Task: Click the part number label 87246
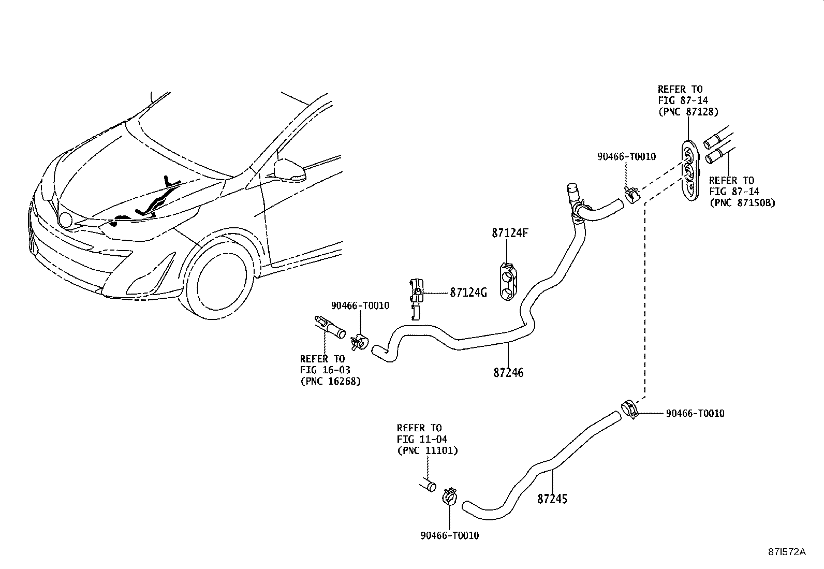(x=508, y=372)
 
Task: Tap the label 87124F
(x=509, y=233)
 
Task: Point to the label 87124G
(x=468, y=293)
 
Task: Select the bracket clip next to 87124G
(x=416, y=297)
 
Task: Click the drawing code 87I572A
(x=786, y=552)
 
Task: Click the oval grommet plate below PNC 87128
(x=689, y=169)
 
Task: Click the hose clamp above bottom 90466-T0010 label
(x=449, y=497)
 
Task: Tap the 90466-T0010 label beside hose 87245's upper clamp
(x=695, y=413)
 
